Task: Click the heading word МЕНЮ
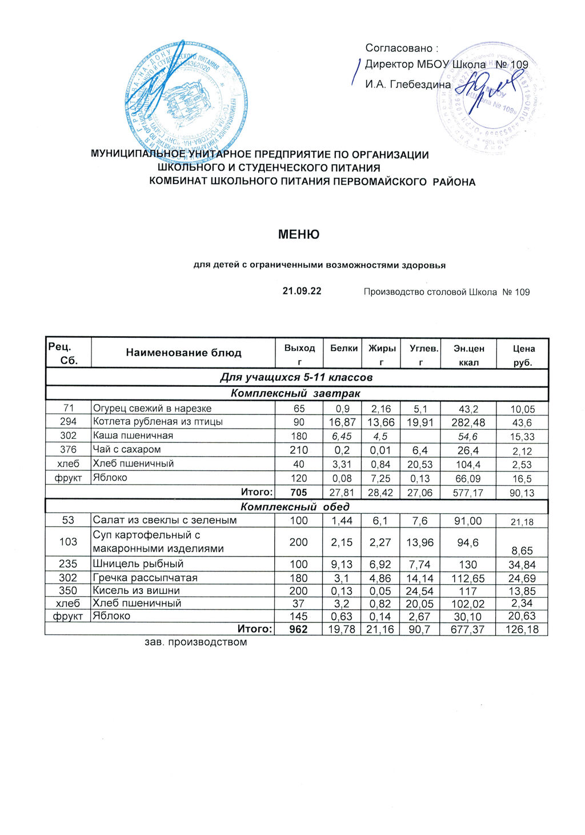point(298,235)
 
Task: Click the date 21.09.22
point(302,291)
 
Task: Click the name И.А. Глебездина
point(408,85)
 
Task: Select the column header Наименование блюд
point(183,353)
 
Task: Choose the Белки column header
point(343,348)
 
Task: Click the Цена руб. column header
point(523,355)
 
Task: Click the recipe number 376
point(68,450)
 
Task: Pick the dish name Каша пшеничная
point(133,436)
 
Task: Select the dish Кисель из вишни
point(137,591)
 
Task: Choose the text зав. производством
point(196,642)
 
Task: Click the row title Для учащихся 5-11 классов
point(296,378)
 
